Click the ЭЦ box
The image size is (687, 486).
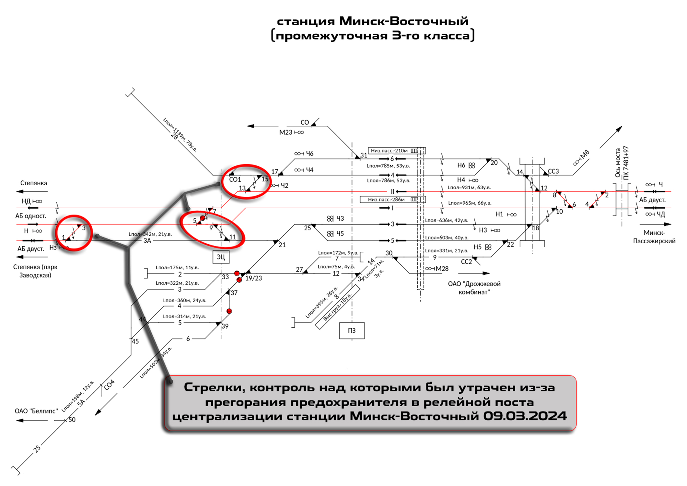coord(221,257)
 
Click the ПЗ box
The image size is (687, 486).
coord(352,330)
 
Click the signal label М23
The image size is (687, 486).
coord(285,133)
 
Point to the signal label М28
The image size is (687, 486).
coord(442,269)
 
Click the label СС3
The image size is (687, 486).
coord(553,171)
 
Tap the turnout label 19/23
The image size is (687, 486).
coord(253,278)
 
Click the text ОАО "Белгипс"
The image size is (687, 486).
coord(36,411)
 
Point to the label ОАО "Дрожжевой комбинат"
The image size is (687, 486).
coord(474,288)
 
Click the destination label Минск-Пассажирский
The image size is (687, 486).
coord(654,237)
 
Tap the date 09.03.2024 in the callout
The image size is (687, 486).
coord(525,416)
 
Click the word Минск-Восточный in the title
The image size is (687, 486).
coord(403,21)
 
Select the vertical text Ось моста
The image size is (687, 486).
coord(618,163)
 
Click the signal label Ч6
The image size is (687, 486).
coord(309,154)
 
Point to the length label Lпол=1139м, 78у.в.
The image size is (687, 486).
coord(180,135)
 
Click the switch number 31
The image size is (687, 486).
coord(364,155)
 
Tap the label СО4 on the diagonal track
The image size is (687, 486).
coord(109,384)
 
